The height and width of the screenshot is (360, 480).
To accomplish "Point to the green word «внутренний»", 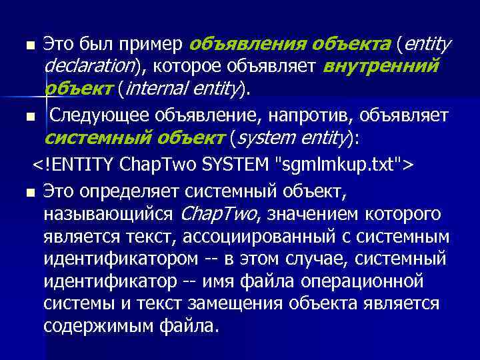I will click(381, 67).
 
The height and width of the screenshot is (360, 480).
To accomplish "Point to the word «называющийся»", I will click(108, 215).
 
